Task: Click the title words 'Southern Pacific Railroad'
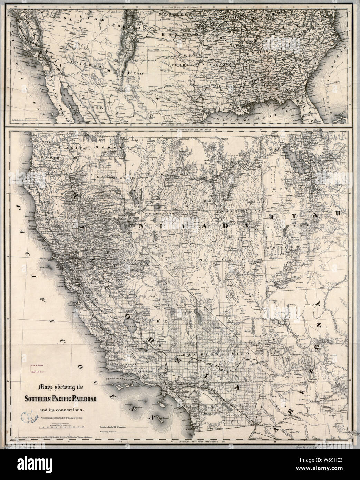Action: (x=60, y=400)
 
